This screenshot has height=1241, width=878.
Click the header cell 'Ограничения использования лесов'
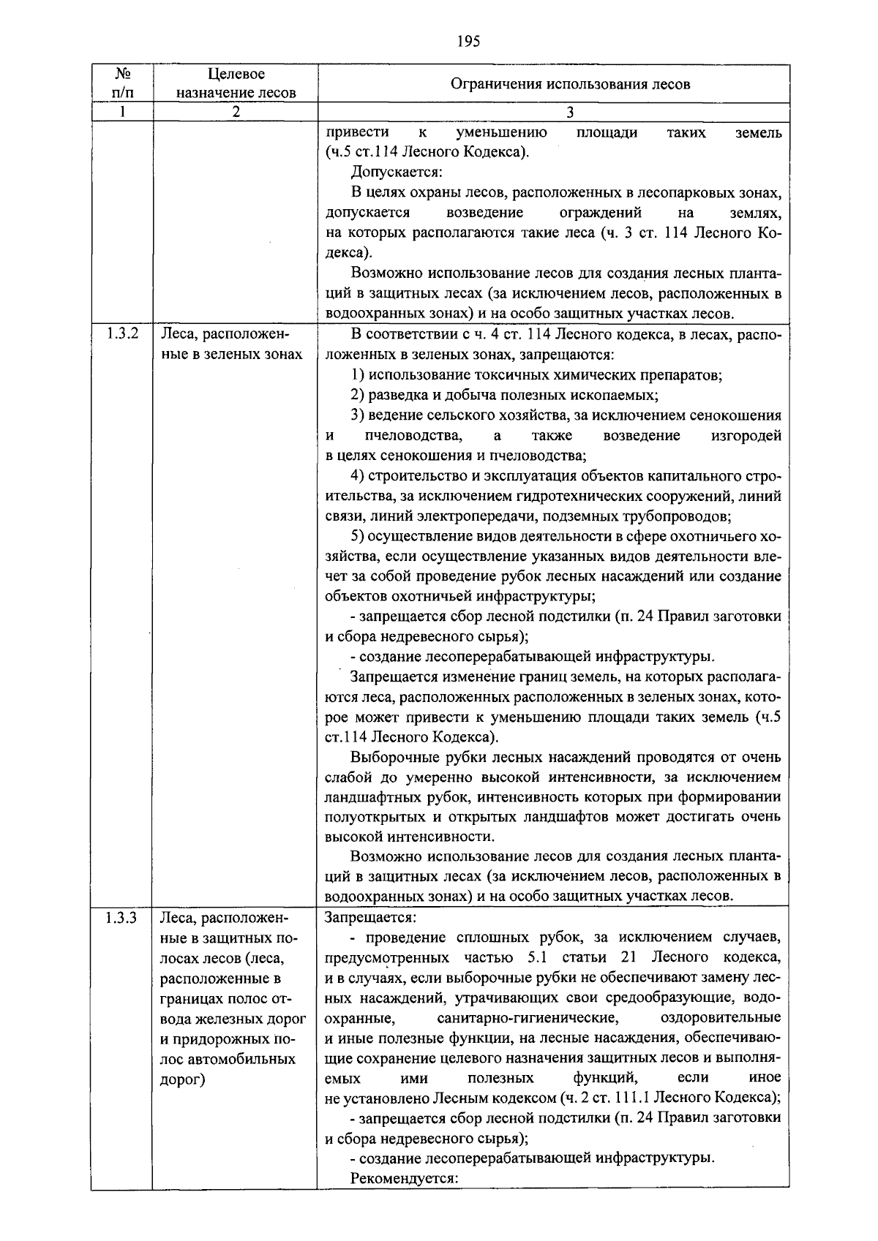570,83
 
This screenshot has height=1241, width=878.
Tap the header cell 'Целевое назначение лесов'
236,83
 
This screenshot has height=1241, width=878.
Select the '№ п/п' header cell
122,83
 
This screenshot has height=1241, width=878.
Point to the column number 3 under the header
570,113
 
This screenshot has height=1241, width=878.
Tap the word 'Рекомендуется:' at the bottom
404,1178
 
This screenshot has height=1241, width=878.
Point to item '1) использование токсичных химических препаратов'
536,375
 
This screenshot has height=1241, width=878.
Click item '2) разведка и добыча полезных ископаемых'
504,396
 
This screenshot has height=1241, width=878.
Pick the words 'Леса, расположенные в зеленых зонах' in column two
231,345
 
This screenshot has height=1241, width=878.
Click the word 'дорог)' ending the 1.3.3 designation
182,1079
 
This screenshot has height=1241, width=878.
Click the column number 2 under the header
236,113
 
